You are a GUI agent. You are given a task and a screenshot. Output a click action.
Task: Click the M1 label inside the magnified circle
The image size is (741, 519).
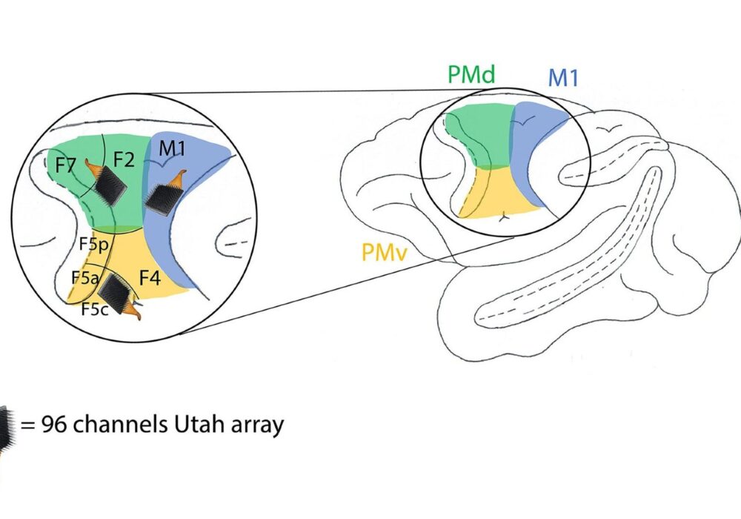[173, 149]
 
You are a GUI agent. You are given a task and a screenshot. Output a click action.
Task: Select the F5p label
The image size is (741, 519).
[94, 242]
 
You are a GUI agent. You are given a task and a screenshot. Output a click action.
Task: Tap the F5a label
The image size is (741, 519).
[85, 277]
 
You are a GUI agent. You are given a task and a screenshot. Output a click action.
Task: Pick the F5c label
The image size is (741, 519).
[95, 309]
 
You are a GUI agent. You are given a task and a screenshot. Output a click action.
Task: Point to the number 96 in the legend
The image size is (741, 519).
[54, 425]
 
